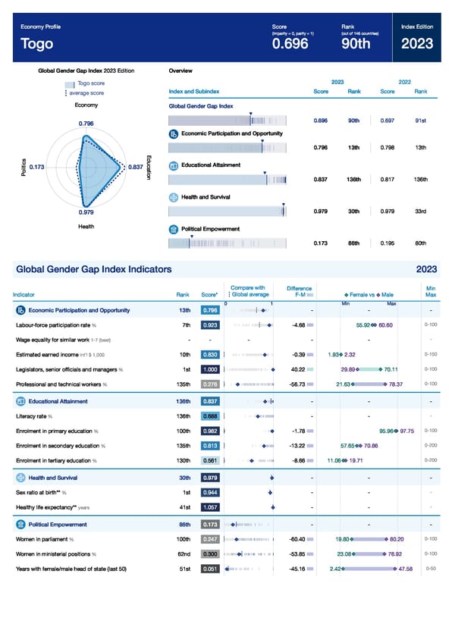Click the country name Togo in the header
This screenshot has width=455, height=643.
(x=37, y=44)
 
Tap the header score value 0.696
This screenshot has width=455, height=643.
(x=290, y=44)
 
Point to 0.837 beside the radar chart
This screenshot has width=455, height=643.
(x=136, y=167)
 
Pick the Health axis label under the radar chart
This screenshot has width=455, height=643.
(x=86, y=227)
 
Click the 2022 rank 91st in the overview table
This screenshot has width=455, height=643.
(x=421, y=120)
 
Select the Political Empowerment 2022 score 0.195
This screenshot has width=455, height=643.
(x=387, y=243)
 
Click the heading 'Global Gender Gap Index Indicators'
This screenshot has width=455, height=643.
(x=93, y=269)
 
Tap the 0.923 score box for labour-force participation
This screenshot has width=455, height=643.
(x=211, y=325)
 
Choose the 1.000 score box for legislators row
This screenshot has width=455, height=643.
(x=211, y=369)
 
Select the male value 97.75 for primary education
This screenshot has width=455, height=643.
(x=406, y=431)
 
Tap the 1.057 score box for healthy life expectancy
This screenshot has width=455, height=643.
(x=211, y=508)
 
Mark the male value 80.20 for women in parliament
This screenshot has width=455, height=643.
(x=396, y=539)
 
